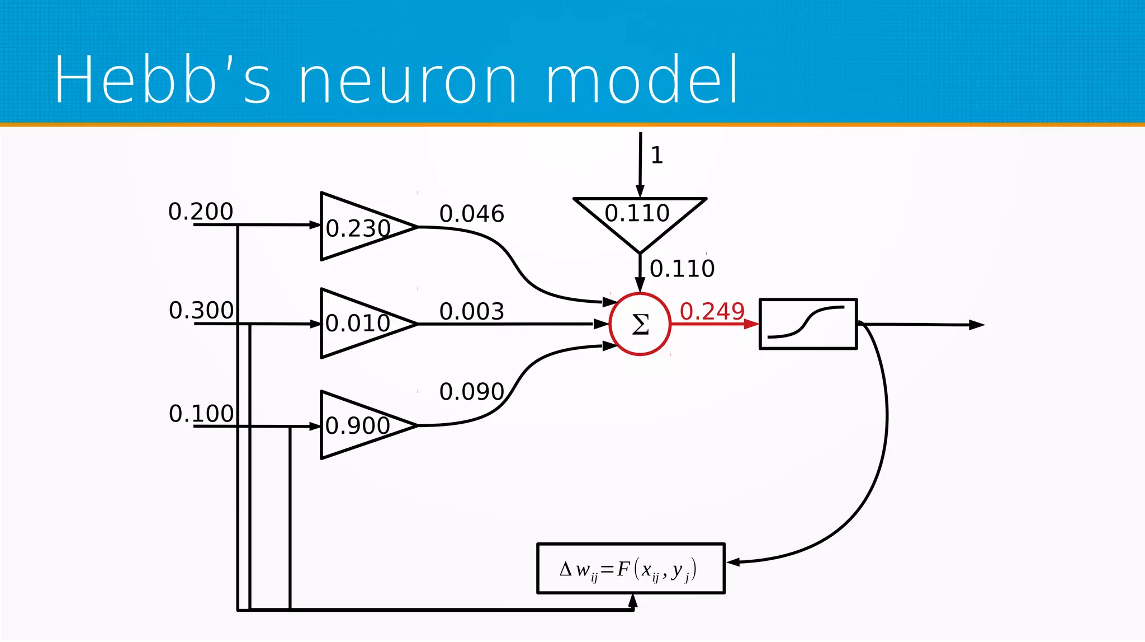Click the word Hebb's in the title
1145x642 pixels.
click(162, 79)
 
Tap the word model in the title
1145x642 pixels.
click(642, 79)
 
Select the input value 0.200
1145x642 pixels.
click(200, 212)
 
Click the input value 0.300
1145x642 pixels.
click(201, 310)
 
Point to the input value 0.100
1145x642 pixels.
click(201, 414)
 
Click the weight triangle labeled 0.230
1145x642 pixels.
click(358, 227)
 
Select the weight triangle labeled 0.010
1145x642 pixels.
click(358, 323)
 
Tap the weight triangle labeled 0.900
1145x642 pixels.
click(358, 425)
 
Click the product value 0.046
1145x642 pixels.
click(471, 214)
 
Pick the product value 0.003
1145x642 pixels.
click(471, 311)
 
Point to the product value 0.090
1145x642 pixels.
click(471, 391)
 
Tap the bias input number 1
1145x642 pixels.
click(657, 155)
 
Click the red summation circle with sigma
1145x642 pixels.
click(640, 324)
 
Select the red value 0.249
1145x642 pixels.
click(712, 311)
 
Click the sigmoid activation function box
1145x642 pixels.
click(808, 324)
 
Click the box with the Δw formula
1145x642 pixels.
click(630, 568)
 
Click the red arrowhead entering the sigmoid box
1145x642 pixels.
click(751, 324)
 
